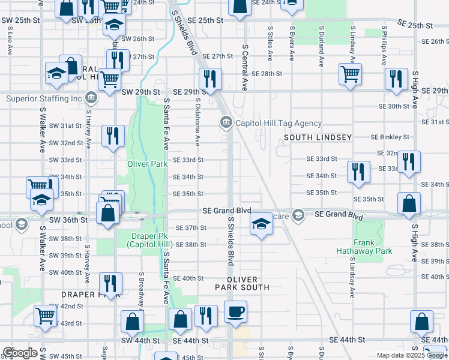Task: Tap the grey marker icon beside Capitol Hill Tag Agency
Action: coord(226,122)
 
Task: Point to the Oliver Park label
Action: coord(147,163)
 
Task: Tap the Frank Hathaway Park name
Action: coord(372,247)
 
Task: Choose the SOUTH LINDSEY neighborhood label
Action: coord(318,137)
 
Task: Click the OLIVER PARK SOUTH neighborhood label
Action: coord(243,283)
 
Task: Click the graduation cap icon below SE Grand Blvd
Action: coord(261,225)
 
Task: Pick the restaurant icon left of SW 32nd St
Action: coord(113,136)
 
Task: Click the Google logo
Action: coord(20,353)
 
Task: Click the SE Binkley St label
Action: coord(390,137)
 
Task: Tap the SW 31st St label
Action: coord(65,126)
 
